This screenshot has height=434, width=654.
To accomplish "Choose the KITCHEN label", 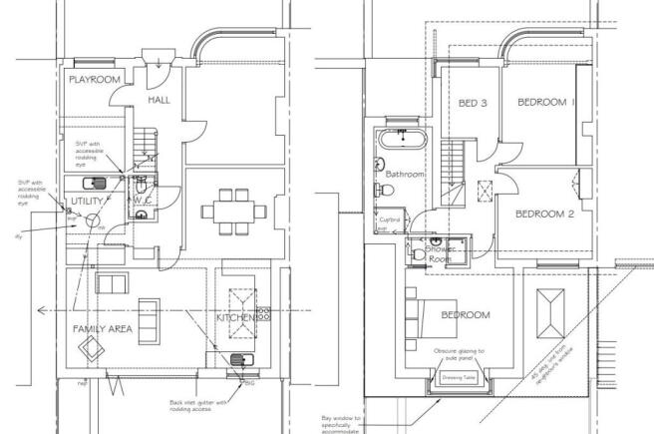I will tap(240, 317).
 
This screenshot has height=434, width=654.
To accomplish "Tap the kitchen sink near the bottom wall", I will tap(239, 360).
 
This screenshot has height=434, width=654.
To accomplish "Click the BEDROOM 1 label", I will tap(544, 103).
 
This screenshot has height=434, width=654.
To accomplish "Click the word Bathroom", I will tap(406, 175).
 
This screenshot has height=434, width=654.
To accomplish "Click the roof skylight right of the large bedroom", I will tap(551, 314).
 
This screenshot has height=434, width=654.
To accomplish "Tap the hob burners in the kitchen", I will tap(265, 313).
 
